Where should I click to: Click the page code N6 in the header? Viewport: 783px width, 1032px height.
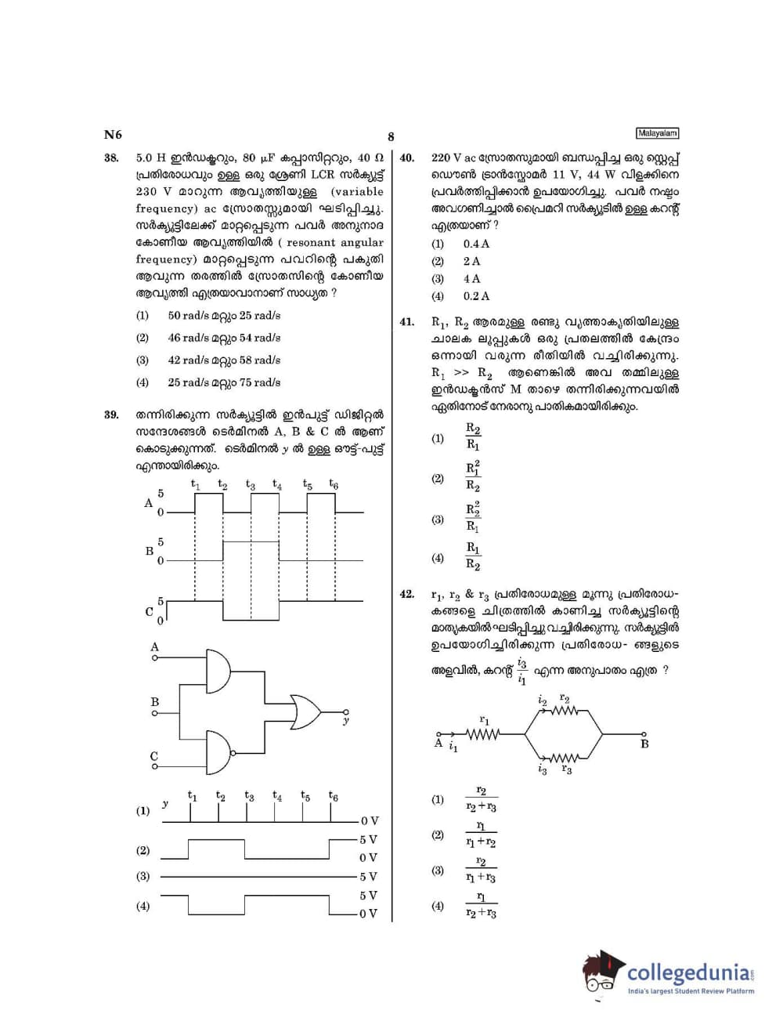click(113, 134)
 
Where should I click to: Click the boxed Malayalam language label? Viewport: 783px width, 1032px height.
click(656, 133)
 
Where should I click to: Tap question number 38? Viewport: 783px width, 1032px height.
click(111, 158)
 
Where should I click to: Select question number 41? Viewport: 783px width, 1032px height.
click(406, 321)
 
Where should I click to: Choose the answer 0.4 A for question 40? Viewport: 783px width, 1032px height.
click(475, 244)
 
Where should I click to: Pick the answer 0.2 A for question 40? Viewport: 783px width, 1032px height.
click(475, 296)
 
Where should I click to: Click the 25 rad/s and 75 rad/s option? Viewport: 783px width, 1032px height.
click(223, 382)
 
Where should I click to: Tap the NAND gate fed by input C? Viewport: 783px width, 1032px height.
click(218, 752)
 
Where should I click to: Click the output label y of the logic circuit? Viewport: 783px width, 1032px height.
click(346, 720)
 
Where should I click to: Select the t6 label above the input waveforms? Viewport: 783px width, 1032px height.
click(334, 484)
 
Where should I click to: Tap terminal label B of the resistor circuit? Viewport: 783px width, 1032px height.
click(644, 744)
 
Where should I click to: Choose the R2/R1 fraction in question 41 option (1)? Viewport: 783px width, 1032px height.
click(473, 436)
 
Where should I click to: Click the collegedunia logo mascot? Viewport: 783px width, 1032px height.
click(602, 973)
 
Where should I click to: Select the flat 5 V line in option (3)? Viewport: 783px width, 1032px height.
click(258, 877)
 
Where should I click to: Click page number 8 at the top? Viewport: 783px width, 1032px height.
click(391, 137)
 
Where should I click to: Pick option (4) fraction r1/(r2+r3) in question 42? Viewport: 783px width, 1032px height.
click(481, 906)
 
